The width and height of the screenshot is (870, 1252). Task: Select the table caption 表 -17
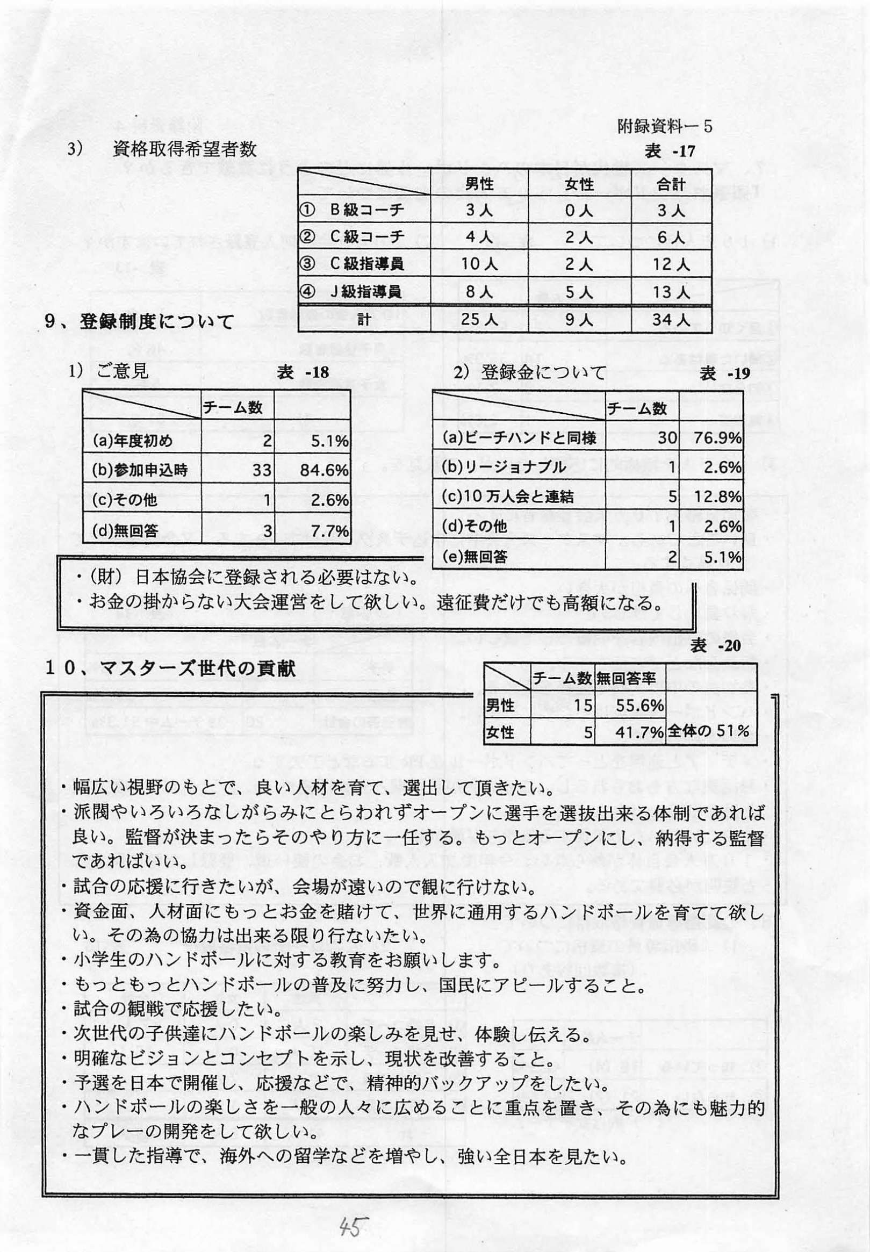(x=670, y=151)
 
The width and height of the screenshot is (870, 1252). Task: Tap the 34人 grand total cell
(x=671, y=319)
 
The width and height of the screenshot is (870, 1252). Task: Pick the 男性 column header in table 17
(x=480, y=184)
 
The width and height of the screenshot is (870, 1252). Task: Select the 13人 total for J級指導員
(x=671, y=292)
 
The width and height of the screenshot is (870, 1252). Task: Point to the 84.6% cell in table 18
(x=326, y=470)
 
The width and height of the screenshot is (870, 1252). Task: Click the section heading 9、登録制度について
(x=140, y=322)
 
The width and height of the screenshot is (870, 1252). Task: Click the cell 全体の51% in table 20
(x=709, y=731)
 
